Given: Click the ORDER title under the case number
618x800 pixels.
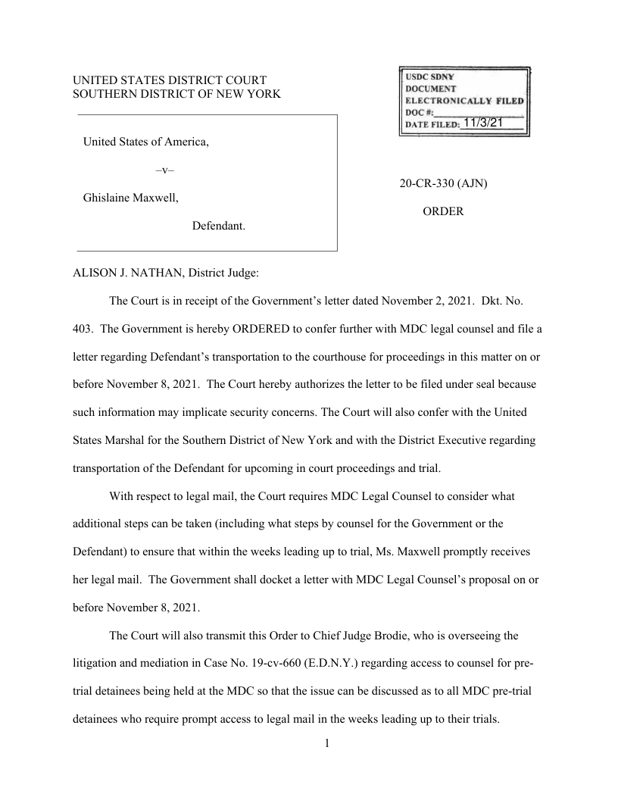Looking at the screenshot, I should pos(443,212).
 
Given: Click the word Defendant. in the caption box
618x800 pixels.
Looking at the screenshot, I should pos(218,226).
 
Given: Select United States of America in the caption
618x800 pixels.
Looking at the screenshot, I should pos(145,141).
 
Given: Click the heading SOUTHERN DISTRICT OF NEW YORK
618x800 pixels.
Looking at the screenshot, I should pos(176,94).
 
